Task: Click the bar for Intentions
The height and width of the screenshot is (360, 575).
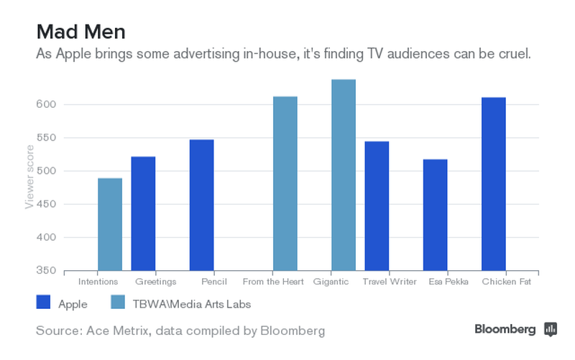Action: [110, 224]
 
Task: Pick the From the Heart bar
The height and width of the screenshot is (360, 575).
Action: [285, 183]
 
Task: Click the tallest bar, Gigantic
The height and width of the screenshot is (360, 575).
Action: [343, 175]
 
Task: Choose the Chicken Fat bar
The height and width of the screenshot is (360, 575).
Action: [493, 184]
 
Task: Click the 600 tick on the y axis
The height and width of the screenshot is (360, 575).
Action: [47, 105]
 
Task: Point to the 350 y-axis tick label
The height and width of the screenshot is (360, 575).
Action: [47, 271]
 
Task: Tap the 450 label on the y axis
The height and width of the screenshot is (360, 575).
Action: [47, 205]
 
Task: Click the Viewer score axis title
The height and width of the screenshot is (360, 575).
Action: [29, 175]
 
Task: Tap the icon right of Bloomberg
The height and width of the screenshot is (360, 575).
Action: [551, 329]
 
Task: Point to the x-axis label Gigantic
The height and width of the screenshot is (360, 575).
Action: [331, 282]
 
